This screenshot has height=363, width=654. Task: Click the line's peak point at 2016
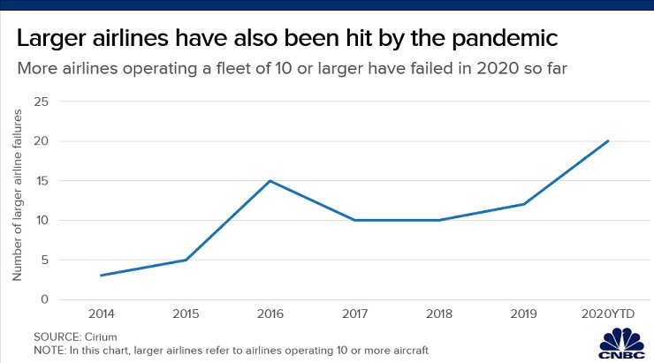[270, 181]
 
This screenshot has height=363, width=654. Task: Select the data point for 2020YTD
[608, 140]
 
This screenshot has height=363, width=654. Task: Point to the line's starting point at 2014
[101, 276]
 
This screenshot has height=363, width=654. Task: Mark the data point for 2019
[524, 204]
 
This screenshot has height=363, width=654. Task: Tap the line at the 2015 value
[186, 260]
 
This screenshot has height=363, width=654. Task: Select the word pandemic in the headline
[510, 40]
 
